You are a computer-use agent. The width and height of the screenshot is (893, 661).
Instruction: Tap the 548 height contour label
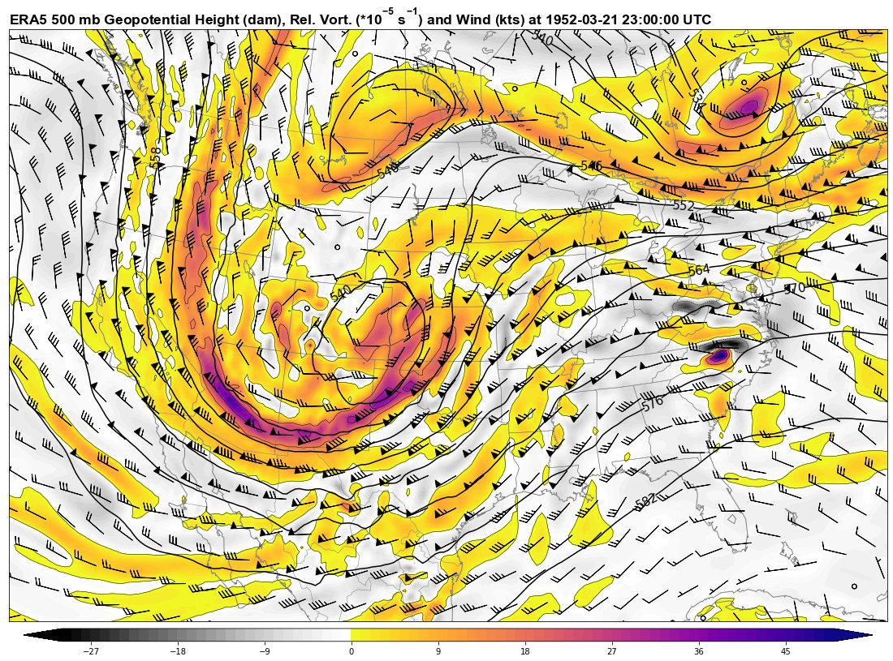click(x=388, y=172)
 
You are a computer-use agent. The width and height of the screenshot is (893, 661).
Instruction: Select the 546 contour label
click(x=591, y=166)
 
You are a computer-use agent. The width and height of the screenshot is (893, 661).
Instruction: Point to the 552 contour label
click(x=684, y=206)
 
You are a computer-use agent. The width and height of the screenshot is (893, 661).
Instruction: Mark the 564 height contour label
click(x=698, y=271)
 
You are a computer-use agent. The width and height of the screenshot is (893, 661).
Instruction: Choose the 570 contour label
click(x=795, y=288)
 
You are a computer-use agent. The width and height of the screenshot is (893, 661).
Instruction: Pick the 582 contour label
click(x=646, y=501)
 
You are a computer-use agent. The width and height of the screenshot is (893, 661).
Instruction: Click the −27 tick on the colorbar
click(x=92, y=650)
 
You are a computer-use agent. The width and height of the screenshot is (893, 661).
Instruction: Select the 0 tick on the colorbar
click(x=351, y=650)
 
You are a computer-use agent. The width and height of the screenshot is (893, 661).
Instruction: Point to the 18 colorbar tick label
click(x=524, y=650)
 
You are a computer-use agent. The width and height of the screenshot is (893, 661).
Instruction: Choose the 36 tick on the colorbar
click(x=698, y=650)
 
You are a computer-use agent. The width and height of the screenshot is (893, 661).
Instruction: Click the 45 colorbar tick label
click(x=785, y=650)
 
